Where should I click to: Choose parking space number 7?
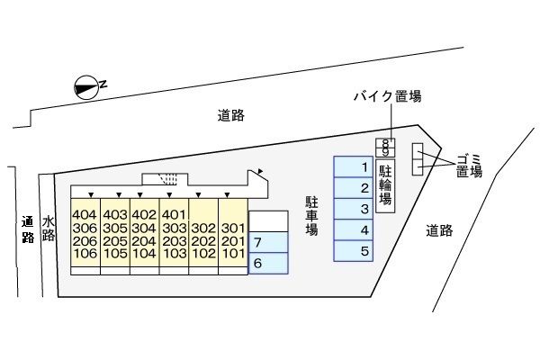tap(267, 243)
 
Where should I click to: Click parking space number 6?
tap(267, 264)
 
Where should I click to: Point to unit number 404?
tap(85, 215)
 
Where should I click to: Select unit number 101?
tap(233, 254)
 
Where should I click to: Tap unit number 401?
tap(174, 215)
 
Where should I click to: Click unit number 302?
tap(203, 229)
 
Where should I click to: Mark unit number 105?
tap(114, 254)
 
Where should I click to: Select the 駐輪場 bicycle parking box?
tap(385, 186)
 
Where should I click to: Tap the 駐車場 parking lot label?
tap(311, 216)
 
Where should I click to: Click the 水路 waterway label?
tap(49, 229)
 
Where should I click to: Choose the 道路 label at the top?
tap(231, 115)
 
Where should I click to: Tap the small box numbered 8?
tap(385, 142)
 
